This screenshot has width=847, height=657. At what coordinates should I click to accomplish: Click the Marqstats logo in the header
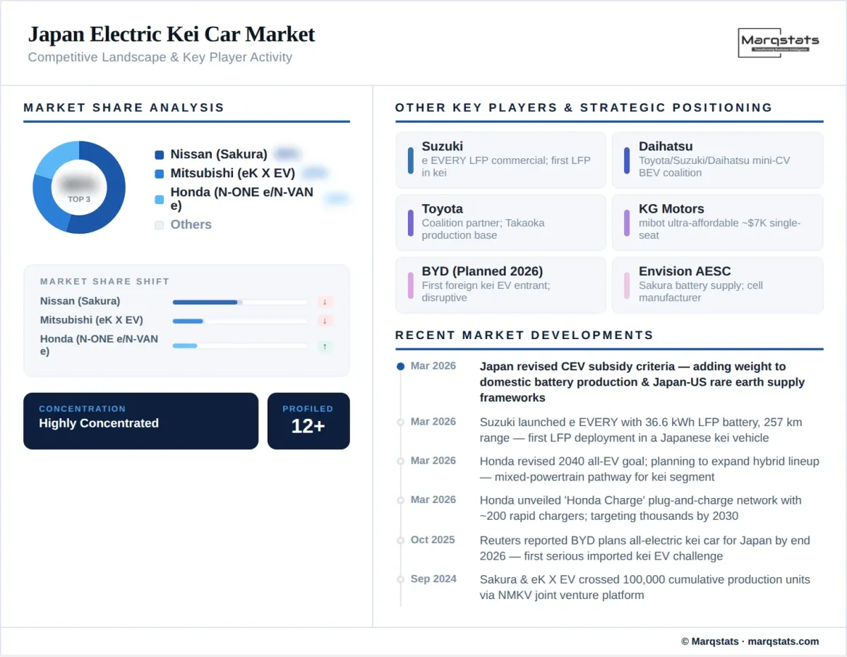(779, 42)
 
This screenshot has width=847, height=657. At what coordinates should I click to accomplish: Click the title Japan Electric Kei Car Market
(172, 34)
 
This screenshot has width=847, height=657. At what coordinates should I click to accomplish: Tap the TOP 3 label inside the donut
(79, 199)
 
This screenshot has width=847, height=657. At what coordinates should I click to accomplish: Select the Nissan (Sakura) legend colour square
(159, 155)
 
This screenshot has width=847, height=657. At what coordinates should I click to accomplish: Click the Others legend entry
(191, 225)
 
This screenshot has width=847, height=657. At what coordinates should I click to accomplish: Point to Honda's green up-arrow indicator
(325, 346)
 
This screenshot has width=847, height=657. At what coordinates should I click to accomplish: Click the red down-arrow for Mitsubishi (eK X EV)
(325, 321)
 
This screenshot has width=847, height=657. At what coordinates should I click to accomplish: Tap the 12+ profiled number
(308, 426)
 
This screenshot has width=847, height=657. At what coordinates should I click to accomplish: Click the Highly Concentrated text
(99, 423)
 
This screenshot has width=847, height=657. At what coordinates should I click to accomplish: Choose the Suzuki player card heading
(443, 146)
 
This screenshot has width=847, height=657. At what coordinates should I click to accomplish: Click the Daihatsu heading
(666, 146)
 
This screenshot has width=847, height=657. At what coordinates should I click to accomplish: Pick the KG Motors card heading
(671, 209)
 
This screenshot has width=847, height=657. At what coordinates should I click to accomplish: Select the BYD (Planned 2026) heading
(482, 271)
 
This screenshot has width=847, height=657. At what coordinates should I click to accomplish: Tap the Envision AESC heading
(685, 271)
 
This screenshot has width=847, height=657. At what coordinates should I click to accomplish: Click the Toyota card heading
(443, 209)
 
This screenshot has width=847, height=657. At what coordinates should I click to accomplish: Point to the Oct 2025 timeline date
(433, 540)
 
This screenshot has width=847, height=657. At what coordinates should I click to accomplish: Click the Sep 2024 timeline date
(433, 579)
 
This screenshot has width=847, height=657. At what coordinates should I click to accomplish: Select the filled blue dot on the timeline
(400, 367)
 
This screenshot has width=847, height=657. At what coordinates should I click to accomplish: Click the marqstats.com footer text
(783, 641)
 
